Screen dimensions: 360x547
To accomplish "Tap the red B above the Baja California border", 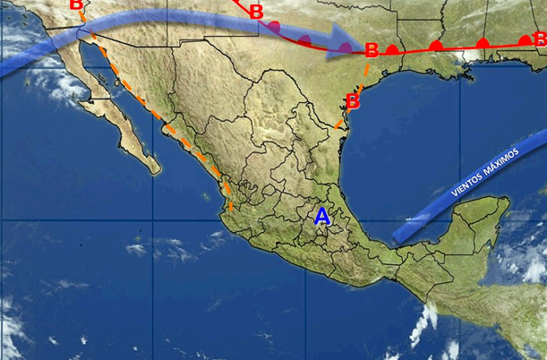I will [x=76, y=5].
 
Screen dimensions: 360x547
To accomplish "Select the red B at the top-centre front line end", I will [x=256, y=12].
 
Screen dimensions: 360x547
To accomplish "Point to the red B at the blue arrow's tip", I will [x=372, y=51].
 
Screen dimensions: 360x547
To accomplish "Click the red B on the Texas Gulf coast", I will [x=353, y=101].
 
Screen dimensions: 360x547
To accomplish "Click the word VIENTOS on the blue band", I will [x=469, y=185].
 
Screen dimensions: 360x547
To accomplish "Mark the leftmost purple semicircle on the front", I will [x=273, y=27].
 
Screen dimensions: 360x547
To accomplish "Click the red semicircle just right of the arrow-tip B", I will [x=392, y=50].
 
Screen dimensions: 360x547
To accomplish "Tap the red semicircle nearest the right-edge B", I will [x=524, y=40].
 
